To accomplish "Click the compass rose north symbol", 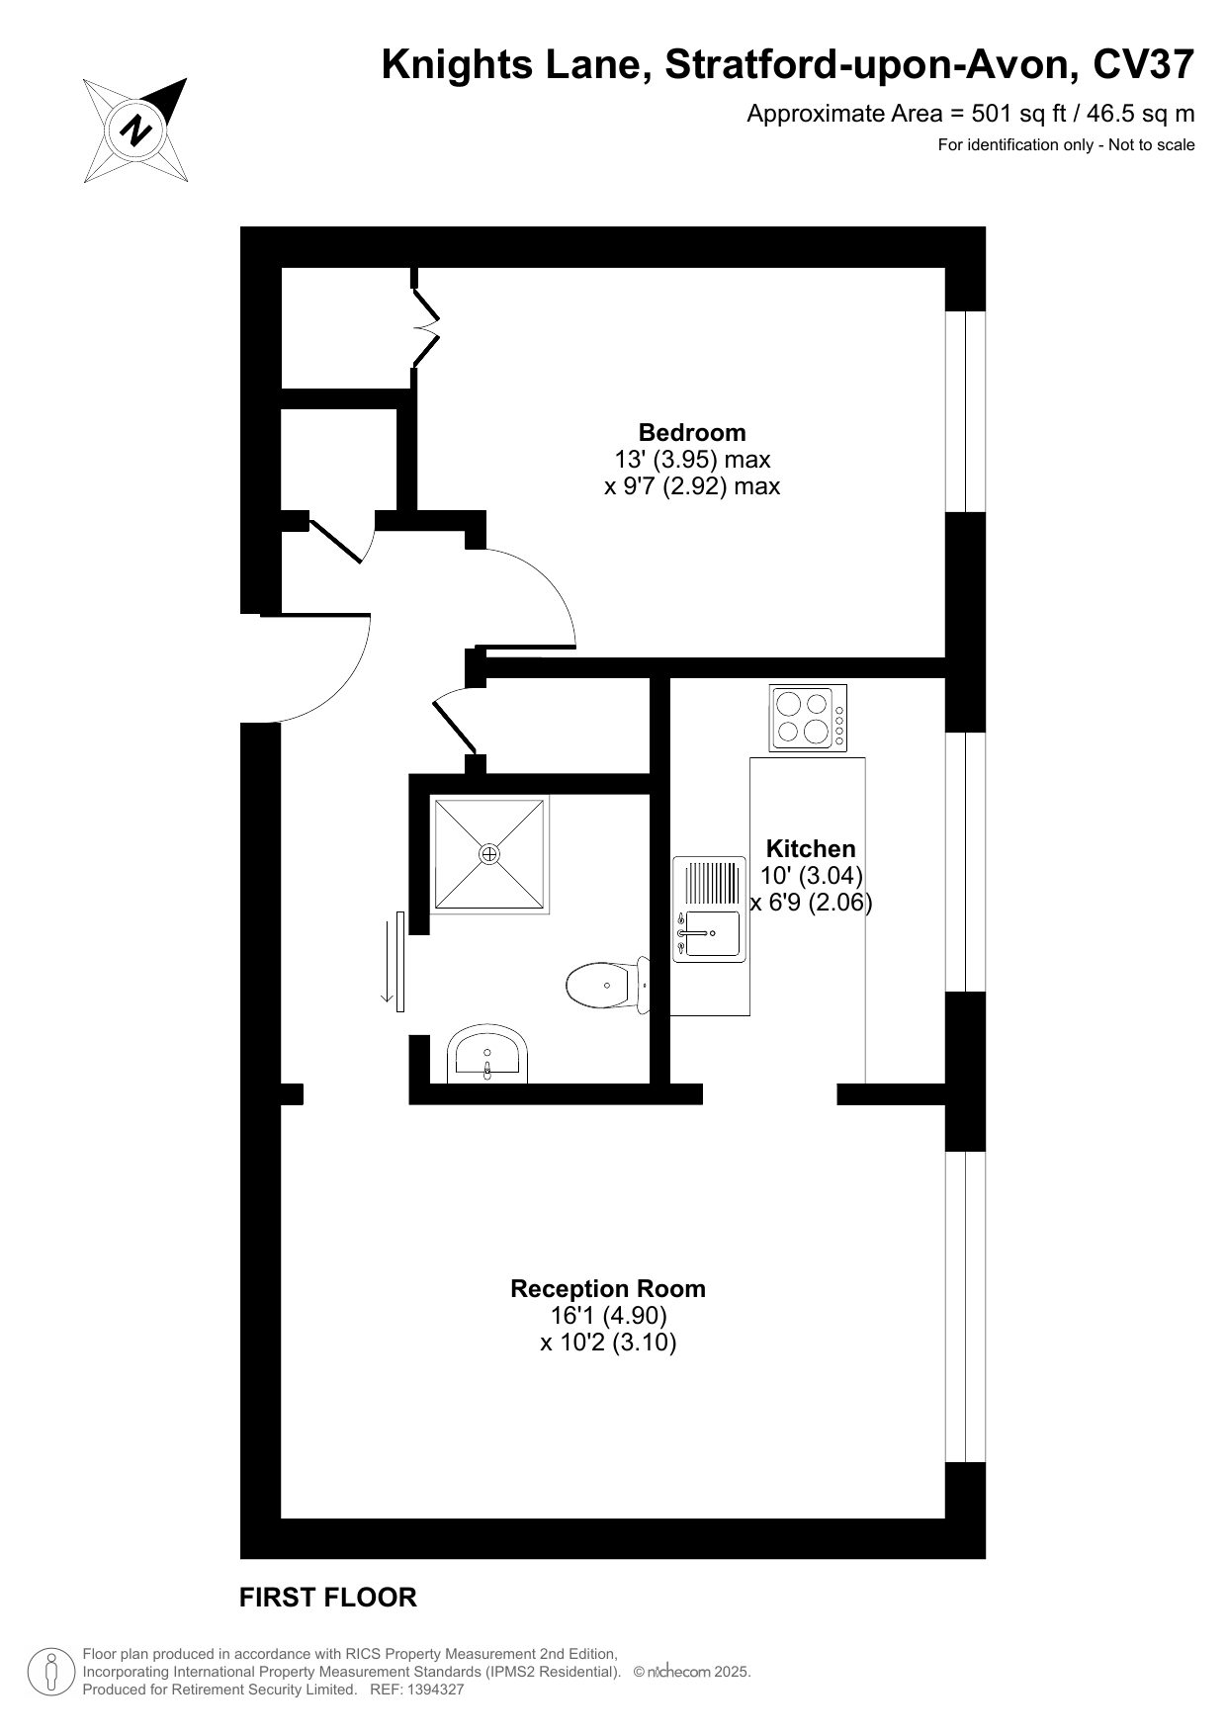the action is [x=134, y=130].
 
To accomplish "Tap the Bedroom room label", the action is [x=692, y=432].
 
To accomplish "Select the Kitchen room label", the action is [x=811, y=848].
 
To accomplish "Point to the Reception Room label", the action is [x=608, y=1288].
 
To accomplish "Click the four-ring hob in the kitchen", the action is [x=808, y=719].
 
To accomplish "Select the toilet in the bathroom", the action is [x=608, y=985].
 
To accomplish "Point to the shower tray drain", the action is [x=490, y=853].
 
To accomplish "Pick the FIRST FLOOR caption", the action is [x=328, y=1597].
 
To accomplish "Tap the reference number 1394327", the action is [x=431, y=1690].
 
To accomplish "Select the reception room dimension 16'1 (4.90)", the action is [x=608, y=1316].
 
